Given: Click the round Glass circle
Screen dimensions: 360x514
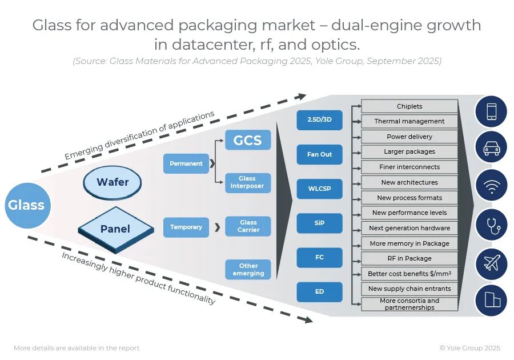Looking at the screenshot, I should [x=26, y=206].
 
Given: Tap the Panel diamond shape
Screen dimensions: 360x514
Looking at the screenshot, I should [x=115, y=229].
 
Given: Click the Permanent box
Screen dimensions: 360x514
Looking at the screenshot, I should [x=186, y=163].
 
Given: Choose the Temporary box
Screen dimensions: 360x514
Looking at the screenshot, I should [x=186, y=227].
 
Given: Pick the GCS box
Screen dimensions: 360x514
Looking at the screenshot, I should [x=247, y=140].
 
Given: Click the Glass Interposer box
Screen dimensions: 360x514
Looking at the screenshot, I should [x=247, y=183].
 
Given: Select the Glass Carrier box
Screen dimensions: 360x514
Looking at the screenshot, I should [x=248, y=226].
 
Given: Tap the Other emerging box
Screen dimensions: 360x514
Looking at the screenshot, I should [x=248, y=269].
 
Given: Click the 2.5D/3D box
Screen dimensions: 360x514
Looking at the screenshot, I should [x=319, y=120].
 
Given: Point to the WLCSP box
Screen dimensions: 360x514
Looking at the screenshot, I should [x=319, y=189].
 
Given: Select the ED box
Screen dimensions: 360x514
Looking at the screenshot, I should [x=319, y=291].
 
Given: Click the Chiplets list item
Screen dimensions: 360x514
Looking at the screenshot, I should [x=409, y=106].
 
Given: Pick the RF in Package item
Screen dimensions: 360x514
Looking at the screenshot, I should [x=409, y=258].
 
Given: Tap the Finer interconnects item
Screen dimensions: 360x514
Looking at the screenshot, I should [x=409, y=167].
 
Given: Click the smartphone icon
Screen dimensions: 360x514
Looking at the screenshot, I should [x=491, y=111].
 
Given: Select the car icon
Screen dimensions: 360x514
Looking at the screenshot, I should [x=491, y=147].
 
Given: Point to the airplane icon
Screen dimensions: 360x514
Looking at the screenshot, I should [x=491, y=263].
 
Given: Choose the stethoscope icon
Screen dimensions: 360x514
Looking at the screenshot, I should [x=491, y=225].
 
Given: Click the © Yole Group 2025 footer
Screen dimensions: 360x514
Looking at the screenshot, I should [x=469, y=348].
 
